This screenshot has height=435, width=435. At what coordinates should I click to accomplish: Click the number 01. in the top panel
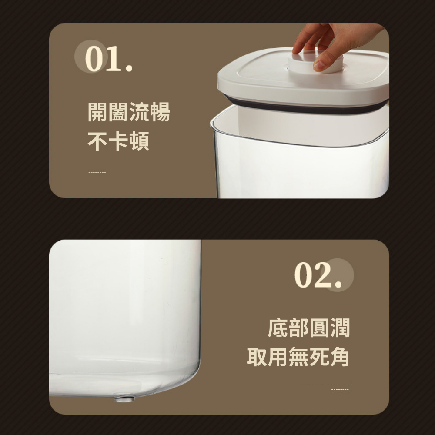tap(109, 59)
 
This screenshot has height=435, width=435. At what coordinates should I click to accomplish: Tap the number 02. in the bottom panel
tap(318, 275)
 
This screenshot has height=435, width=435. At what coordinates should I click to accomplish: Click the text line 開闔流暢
tap(129, 112)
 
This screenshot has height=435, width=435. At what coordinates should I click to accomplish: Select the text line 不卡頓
tap(118, 141)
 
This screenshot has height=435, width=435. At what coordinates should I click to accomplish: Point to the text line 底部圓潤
tap(308, 328)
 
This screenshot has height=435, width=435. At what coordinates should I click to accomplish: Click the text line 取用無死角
tap(298, 357)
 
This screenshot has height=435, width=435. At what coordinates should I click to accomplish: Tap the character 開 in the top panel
tap(97, 112)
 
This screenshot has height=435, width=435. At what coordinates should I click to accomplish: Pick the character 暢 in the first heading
tap(160, 112)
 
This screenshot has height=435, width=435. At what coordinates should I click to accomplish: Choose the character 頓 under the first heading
tap(139, 141)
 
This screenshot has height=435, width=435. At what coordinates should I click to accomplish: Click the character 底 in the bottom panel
tap(278, 328)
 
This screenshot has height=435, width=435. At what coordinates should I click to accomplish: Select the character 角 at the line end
tap(340, 357)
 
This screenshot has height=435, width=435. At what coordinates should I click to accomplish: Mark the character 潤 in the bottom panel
tap(340, 328)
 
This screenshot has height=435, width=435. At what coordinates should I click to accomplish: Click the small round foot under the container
tap(124, 398)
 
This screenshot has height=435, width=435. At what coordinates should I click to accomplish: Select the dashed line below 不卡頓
tap(97, 173)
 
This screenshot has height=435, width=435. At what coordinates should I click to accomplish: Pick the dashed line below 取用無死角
tap(340, 390)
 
